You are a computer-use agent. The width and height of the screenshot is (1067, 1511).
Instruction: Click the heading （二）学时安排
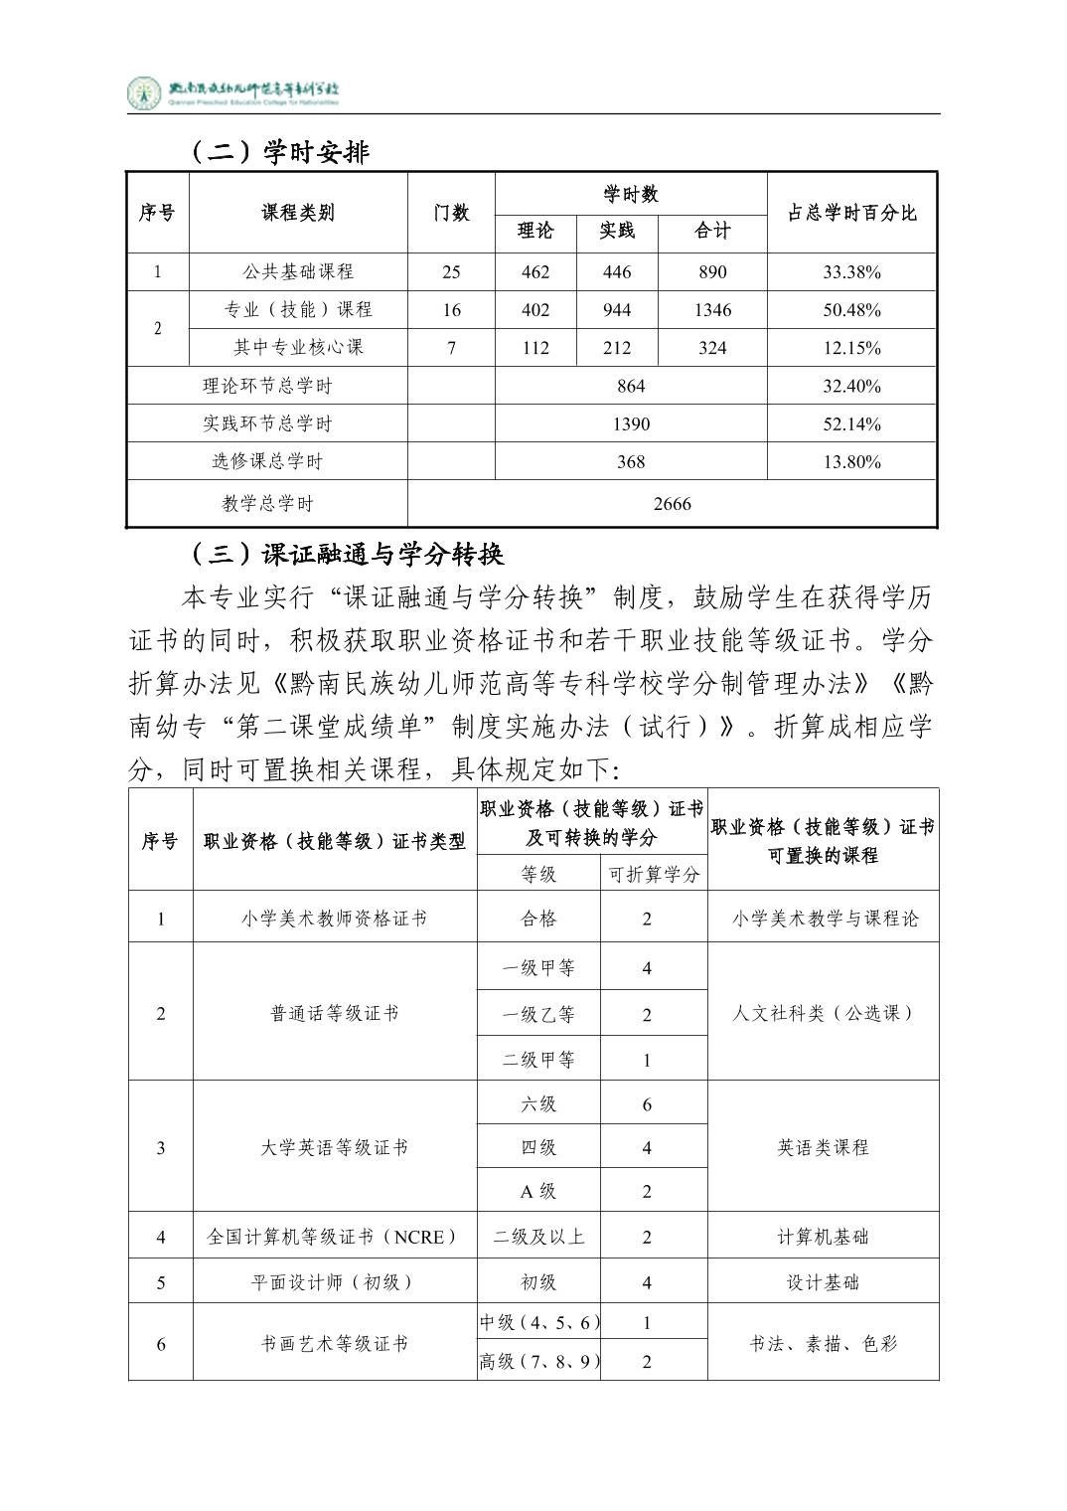279,152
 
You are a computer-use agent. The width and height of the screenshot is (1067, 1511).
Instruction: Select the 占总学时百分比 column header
851,213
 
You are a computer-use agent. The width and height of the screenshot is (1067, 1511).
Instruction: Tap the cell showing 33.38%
851,272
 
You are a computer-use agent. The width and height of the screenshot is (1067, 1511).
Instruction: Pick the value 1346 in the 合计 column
712,310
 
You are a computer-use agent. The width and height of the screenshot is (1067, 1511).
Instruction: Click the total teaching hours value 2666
672,504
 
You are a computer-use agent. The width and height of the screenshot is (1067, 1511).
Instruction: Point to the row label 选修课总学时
267,461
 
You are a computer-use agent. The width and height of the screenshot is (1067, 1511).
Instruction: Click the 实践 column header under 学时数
616,232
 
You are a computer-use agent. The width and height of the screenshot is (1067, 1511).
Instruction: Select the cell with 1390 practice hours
631,423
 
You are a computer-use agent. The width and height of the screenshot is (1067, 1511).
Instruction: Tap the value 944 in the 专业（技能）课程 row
616,310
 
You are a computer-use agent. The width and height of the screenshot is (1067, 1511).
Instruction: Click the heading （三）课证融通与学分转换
348,554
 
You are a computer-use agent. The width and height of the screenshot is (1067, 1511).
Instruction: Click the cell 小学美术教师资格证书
334,919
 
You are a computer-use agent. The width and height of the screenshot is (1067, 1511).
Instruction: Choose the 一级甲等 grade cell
538,968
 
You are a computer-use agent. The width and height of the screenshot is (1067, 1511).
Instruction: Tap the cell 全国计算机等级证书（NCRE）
334,1238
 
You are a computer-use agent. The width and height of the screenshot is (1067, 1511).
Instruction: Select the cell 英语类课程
823,1148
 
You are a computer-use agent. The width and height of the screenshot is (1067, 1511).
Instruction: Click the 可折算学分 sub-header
654,875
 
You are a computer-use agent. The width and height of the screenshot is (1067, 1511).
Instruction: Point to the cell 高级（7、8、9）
539,1362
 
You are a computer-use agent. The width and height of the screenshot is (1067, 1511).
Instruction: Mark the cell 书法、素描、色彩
823,1344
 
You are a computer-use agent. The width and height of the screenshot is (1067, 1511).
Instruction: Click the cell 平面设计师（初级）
334,1282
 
